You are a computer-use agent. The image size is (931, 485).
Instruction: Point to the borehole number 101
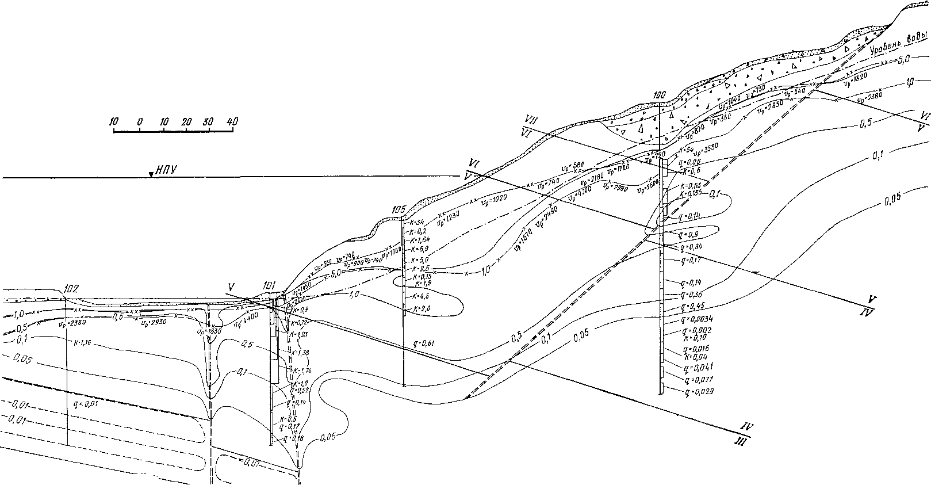click(x=269, y=285)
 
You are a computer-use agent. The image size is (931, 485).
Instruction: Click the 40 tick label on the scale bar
click(x=232, y=122)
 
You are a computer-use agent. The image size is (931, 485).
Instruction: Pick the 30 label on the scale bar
click(x=208, y=122)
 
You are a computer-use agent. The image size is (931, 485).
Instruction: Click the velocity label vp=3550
click(x=707, y=153)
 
